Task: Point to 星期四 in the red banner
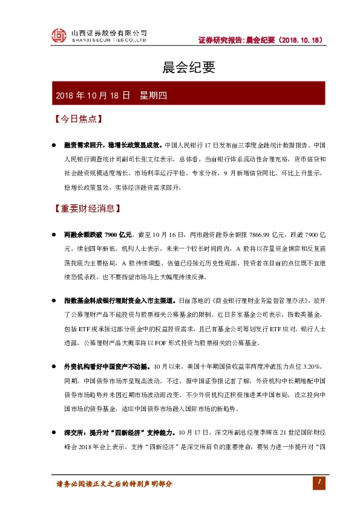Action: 152,96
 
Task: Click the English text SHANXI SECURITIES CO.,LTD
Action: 109,40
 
